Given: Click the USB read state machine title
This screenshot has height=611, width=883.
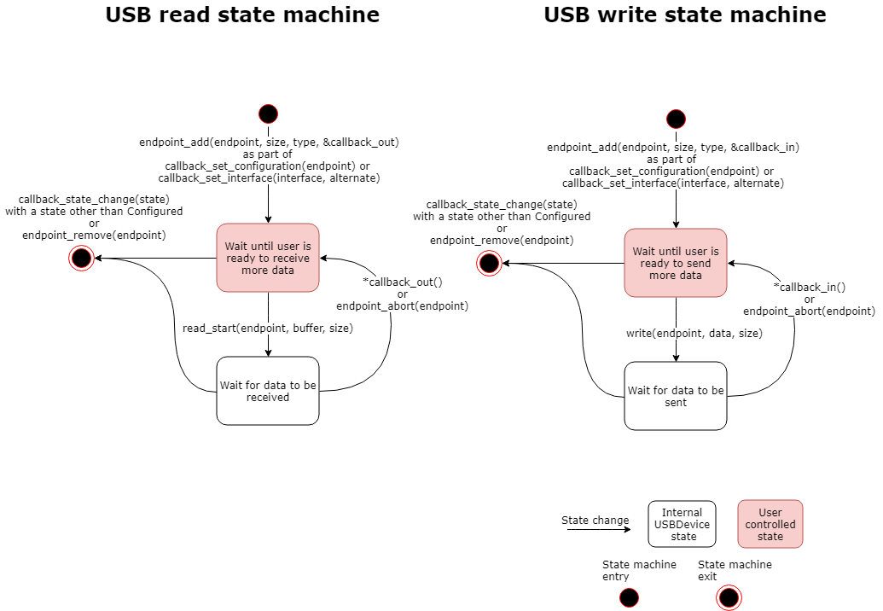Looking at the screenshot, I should click(242, 15).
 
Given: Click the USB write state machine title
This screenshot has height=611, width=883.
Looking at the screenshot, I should click(684, 15).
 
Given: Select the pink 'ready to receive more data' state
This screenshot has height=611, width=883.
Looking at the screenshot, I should click(268, 258).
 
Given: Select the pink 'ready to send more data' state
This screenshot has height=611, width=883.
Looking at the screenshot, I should click(676, 263).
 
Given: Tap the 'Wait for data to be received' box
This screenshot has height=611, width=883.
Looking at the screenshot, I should click(268, 391).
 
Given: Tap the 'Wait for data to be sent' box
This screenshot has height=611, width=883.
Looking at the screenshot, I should click(676, 396).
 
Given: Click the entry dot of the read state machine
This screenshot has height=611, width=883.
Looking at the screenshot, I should click(268, 113).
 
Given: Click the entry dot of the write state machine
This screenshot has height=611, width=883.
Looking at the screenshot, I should click(676, 119).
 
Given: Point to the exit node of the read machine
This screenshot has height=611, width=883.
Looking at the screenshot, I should click(81, 258).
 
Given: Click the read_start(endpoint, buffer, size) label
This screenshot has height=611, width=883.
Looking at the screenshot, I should click(268, 328).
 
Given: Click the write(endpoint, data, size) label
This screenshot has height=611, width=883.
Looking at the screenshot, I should click(694, 333).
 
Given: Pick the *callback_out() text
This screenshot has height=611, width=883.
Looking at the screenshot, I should click(402, 282).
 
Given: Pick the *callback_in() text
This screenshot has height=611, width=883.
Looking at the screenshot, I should click(809, 287).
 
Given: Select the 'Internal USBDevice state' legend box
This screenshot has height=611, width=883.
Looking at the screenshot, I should click(682, 524).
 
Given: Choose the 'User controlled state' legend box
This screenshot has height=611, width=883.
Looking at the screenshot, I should click(770, 524).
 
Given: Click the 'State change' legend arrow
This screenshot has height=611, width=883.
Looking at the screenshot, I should click(598, 530).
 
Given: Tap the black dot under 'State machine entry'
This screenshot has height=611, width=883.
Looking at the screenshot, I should click(630, 597).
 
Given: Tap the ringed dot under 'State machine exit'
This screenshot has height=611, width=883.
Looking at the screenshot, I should click(729, 597).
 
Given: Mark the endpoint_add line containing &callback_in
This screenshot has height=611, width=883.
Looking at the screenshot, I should click(673, 147).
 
